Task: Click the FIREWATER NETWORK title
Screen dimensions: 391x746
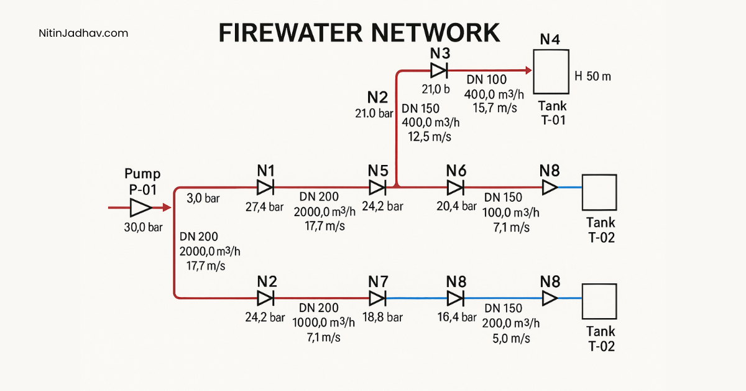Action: [x=359, y=32]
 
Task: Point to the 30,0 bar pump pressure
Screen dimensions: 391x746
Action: [x=142, y=228]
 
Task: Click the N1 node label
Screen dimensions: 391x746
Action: [x=265, y=170]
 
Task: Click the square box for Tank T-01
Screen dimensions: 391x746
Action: [x=551, y=72]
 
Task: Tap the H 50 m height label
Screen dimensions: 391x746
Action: [x=593, y=77]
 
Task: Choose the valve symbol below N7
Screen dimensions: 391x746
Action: [x=377, y=298]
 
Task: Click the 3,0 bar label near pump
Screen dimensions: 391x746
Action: [x=203, y=198]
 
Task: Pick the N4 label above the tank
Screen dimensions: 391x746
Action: [x=550, y=40]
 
